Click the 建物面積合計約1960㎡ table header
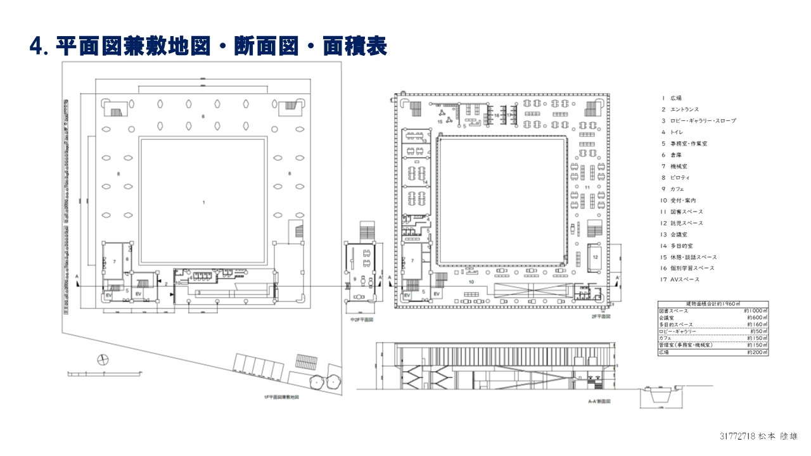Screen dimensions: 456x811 (x=712, y=305)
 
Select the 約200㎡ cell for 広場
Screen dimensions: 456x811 (x=757, y=352)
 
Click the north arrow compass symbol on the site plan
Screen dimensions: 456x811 (x=101, y=360)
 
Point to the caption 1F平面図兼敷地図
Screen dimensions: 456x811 (x=281, y=397)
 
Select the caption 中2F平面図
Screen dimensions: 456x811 (x=362, y=320)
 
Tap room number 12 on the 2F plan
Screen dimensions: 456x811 (x=596, y=257)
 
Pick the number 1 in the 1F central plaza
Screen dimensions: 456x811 (x=203, y=202)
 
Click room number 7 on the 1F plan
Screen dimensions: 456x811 (x=114, y=261)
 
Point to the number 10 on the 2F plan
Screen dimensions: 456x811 (x=471, y=281)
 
